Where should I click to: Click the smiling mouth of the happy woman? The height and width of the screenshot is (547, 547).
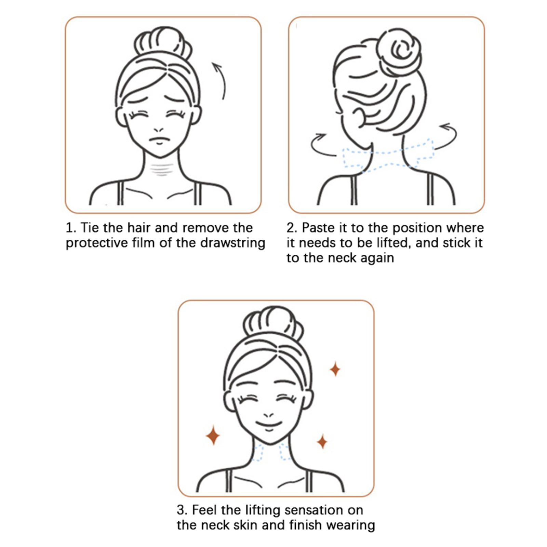pos(269,425)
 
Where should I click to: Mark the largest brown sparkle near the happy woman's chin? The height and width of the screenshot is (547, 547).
pos(213,435)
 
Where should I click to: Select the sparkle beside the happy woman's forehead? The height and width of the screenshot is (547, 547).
pos(335,369)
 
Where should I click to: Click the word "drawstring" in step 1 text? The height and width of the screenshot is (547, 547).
pos(233,243)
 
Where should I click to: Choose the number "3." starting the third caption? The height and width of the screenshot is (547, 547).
pos(182,510)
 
